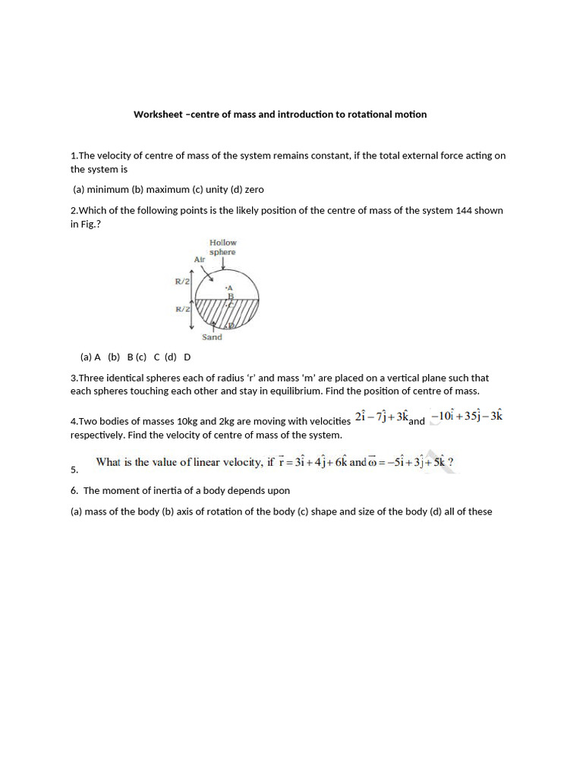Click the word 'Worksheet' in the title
[x=158, y=115]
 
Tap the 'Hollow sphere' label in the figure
[x=222, y=247]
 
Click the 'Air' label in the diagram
[x=200, y=260]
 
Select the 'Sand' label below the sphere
[x=212, y=337]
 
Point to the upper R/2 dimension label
[x=182, y=282]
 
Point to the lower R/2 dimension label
[x=182, y=310]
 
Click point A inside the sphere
[x=228, y=288]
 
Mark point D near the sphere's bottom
[x=232, y=326]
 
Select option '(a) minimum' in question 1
[x=100, y=190]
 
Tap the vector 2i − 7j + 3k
[x=382, y=418]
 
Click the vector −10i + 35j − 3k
[x=466, y=417]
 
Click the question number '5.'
[x=74, y=470]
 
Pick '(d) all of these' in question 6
[x=461, y=511]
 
